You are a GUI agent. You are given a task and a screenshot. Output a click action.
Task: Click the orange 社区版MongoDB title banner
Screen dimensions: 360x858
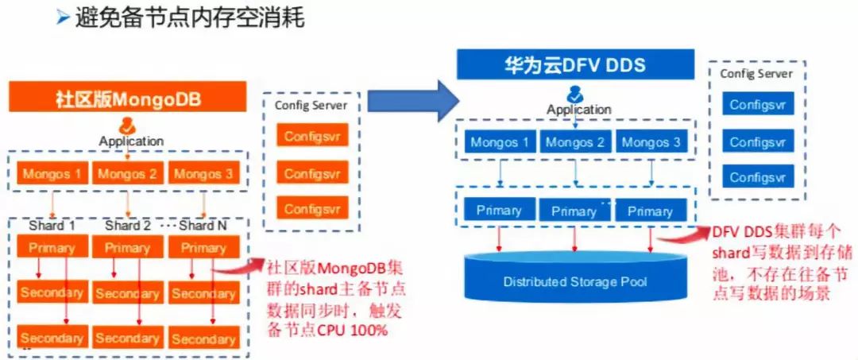[x=128, y=99]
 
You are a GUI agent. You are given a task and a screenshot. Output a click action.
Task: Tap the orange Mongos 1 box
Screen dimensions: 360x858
[x=52, y=173]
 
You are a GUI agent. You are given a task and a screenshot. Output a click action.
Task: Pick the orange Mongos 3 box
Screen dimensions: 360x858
[x=204, y=173]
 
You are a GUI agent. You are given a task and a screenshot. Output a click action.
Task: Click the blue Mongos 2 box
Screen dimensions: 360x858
[x=575, y=142]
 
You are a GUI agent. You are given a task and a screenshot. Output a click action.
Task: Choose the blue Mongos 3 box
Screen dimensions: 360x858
[x=651, y=142]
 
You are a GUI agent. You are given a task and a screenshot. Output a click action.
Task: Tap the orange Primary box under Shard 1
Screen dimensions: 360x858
[x=52, y=247]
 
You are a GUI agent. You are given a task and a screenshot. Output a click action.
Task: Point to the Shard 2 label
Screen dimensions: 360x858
[x=127, y=226]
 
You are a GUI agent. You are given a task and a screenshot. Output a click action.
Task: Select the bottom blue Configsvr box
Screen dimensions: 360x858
[x=758, y=177]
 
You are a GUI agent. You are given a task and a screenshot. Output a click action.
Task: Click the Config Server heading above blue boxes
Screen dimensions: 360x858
[x=756, y=74]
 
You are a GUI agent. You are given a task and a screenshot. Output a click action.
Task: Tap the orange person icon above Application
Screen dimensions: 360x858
[x=127, y=126]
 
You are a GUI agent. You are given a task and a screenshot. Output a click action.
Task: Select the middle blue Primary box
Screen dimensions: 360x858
[x=574, y=211]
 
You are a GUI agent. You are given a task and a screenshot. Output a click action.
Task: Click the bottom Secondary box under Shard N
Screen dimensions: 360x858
[x=203, y=339]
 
